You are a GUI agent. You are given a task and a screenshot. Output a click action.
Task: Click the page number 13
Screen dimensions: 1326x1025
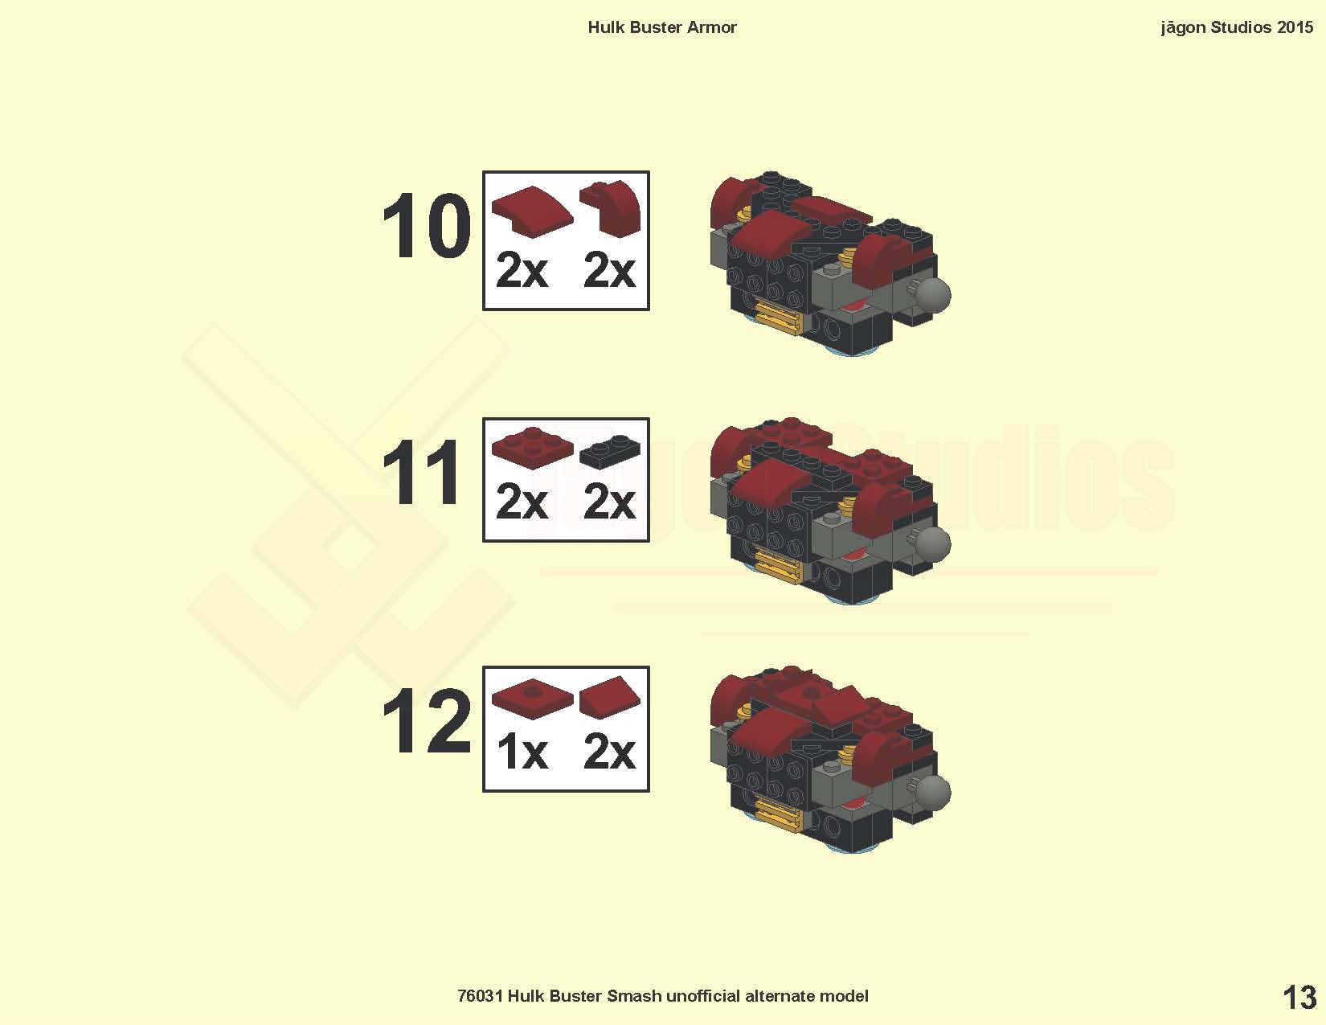click(x=1299, y=998)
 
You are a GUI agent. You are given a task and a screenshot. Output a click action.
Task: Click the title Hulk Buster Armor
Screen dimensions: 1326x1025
click(x=662, y=27)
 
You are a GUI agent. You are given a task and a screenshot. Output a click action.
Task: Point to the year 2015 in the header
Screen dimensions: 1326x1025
click(x=1295, y=27)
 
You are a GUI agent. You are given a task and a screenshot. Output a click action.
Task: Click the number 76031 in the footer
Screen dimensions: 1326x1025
click(x=480, y=996)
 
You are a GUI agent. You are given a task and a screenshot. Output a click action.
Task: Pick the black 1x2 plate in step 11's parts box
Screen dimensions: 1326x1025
click(x=610, y=451)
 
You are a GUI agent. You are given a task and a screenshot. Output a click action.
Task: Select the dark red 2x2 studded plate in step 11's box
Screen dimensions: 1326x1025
click(x=532, y=448)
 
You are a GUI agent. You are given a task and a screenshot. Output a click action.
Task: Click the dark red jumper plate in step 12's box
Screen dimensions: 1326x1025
click(x=532, y=699)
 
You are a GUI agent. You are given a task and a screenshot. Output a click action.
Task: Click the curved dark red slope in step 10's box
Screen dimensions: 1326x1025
click(x=532, y=211)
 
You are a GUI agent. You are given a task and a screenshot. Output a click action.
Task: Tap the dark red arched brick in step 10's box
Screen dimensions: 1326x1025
click(x=611, y=208)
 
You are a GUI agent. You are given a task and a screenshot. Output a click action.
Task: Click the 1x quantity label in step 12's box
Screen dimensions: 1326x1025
click(x=522, y=752)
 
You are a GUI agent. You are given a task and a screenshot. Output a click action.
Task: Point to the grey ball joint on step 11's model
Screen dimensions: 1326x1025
click(x=931, y=543)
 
